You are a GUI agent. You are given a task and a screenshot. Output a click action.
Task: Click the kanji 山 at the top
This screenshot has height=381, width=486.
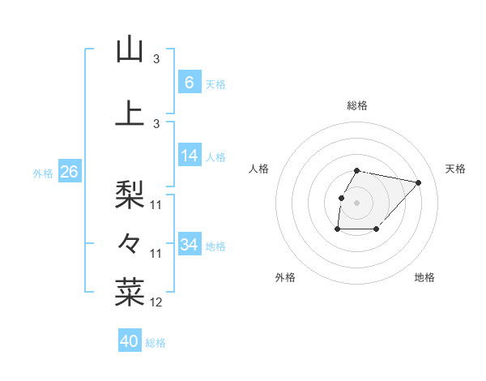(130, 49)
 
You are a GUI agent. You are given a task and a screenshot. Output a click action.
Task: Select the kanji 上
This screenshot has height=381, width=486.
(130, 112)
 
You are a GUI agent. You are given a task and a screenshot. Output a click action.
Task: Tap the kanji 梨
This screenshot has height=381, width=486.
(130, 194)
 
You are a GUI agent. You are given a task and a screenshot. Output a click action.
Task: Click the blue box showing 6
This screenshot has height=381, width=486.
(190, 83)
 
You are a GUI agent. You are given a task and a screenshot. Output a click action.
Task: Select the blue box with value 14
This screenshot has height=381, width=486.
(190, 156)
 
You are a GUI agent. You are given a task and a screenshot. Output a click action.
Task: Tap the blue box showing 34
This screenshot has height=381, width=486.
(190, 245)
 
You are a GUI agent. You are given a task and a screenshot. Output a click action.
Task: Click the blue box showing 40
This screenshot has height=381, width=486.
(130, 341)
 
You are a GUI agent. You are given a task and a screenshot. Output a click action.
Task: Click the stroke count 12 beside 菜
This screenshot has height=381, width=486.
(157, 302)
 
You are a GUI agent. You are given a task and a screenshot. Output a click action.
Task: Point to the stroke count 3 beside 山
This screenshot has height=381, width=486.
(157, 59)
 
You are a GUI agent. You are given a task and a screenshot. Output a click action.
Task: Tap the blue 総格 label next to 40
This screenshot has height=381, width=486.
(156, 343)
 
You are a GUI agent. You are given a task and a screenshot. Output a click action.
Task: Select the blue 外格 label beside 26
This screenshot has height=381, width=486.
(43, 173)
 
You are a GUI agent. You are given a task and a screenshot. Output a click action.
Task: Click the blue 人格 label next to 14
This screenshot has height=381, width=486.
(215, 157)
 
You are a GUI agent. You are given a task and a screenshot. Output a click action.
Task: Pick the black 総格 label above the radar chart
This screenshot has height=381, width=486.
(356, 105)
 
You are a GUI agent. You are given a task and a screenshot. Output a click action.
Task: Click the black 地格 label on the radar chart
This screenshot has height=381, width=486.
(424, 277)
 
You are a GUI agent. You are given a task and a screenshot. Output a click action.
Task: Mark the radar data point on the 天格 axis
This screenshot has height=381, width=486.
(418, 182)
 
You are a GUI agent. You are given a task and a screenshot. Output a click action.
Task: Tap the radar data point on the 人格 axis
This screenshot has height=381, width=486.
(342, 198)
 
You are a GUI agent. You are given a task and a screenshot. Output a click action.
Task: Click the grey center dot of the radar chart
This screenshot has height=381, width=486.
(356, 203)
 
